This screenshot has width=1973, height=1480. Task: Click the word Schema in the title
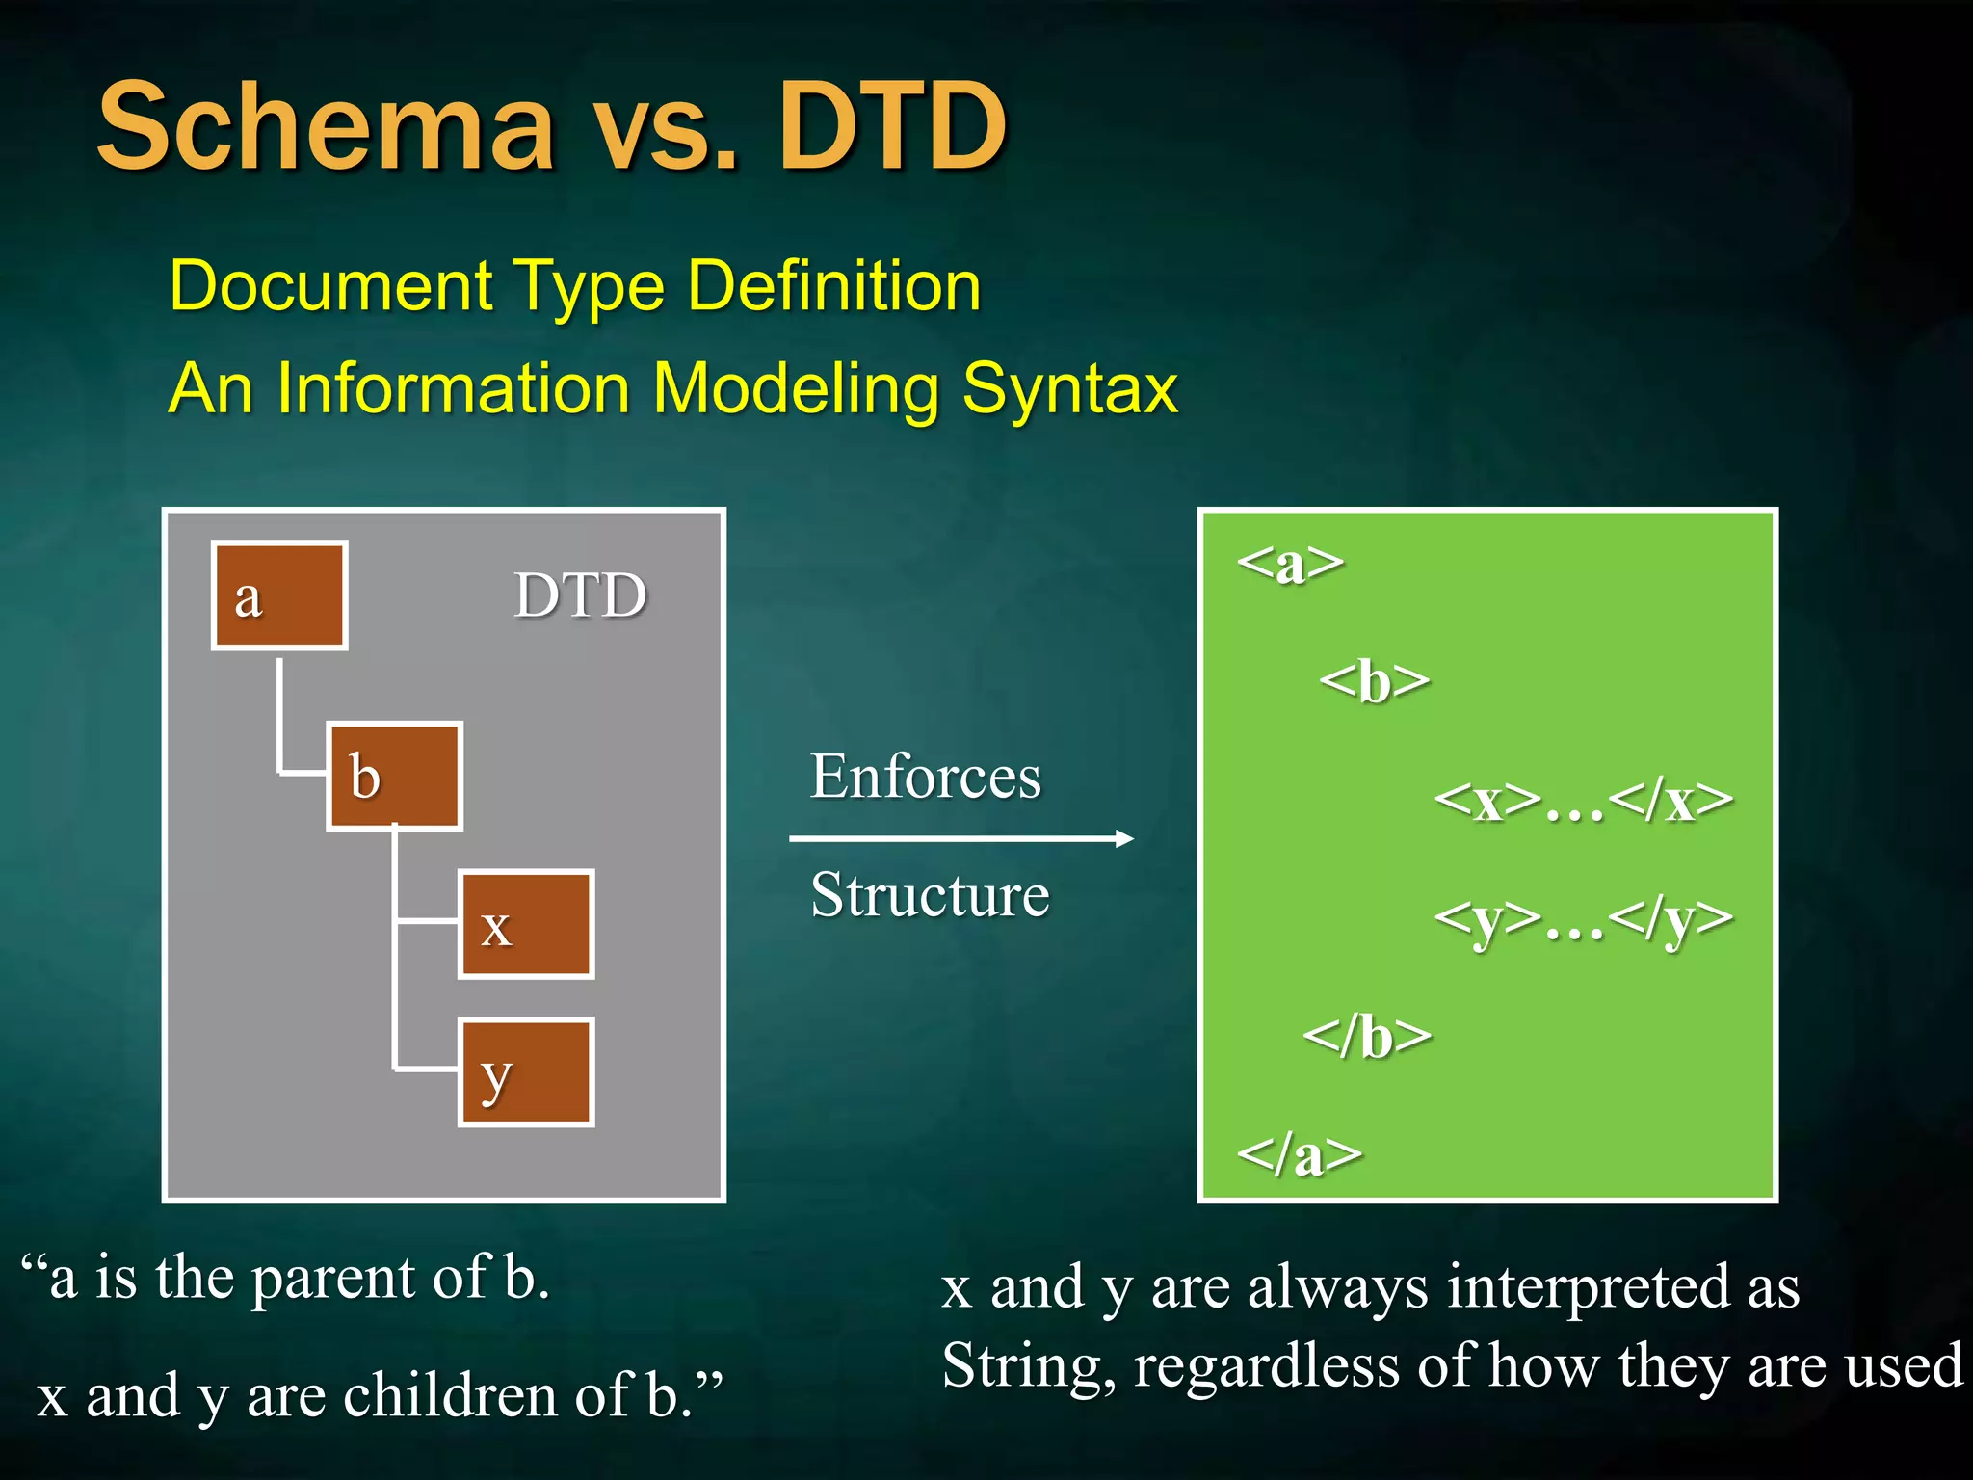pyautogui.click(x=327, y=127)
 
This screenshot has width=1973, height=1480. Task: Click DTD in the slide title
pyautogui.click(x=892, y=127)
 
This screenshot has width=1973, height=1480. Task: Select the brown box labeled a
pyautogui.click(x=279, y=595)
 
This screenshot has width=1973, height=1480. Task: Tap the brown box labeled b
pyautogui.click(x=394, y=776)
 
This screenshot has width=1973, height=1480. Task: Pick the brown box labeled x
pyautogui.click(x=526, y=924)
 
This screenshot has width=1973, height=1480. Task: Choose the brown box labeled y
pyautogui.click(x=526, y=1071)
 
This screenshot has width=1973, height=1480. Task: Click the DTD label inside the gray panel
pyautogui.click(x=580, y=595)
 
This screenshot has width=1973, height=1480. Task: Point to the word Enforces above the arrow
pyautogui.click(x=925, y=776)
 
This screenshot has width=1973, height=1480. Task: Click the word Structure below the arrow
pyautogui.click(x=930, y=894)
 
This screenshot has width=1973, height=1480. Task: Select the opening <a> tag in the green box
pyautogui.click(x=1290, y=563)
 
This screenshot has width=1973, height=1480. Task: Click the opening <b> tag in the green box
pyautogui.click(x=1374, y=681)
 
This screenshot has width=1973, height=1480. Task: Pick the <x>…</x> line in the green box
pyautogui.click(x=1583, y=801)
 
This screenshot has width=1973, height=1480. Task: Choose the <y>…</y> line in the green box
pyautogui.click(x=1583, y=919)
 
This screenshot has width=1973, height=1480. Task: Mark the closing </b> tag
pyautogui.click(x=1367, y=1037)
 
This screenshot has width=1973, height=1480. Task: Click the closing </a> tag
pyautogui.click(x=1299, y=1154)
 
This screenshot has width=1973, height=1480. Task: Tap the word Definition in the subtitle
pyautogui.click(x=834, y=286)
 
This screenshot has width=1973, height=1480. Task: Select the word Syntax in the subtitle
pyautogui.click(x=1070, y=388)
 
